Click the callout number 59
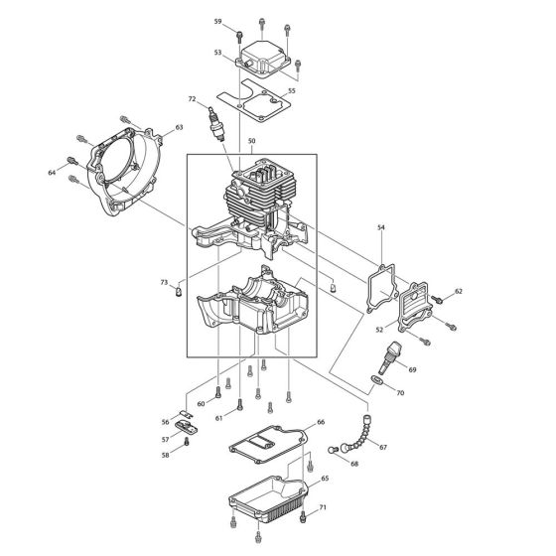(x=218, y=21)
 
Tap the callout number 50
(x=252, y=143)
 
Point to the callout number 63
(x=180, y=127)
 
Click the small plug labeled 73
(x=178, y=292)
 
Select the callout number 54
(x=380, y=228)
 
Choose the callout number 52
(x=380, y=330)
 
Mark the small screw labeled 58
(x=187, y=443)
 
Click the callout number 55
(x=291, y=91)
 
